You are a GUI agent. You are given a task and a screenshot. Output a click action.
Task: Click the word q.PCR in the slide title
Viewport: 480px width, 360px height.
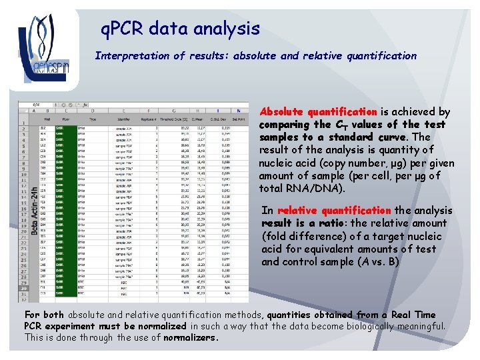(x=123, y=29)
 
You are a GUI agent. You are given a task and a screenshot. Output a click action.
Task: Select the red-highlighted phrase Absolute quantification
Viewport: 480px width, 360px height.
(x=318, y=112)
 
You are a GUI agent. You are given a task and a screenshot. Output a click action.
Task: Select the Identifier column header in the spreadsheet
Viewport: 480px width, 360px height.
(x=124, y=118)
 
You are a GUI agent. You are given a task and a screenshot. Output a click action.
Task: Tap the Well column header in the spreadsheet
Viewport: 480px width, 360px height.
(x=44, y=118)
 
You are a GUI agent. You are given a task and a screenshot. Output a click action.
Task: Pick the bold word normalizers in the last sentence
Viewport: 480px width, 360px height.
(x=191, y=338)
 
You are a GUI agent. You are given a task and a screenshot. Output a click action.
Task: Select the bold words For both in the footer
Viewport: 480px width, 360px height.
(x=45, y=315)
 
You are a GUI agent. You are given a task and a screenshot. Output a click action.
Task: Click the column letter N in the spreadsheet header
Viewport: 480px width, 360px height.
(x=238, y=111)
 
